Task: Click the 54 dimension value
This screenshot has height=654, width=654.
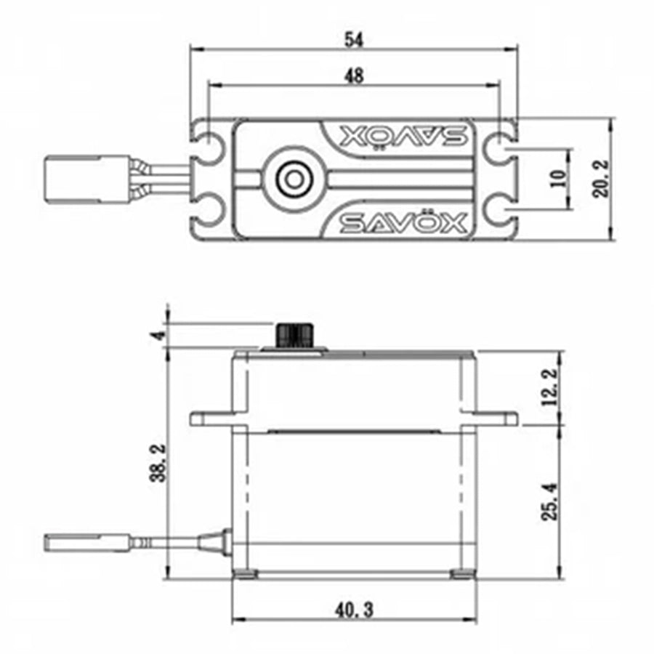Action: (x=354, y=41)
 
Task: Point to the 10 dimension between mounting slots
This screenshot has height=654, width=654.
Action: (x=557, y=179)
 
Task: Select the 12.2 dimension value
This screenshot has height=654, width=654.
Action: (x=550, y=386)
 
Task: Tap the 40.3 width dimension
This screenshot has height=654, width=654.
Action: (x=354, y=610)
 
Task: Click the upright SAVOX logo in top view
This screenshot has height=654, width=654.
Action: (x=403, y=222)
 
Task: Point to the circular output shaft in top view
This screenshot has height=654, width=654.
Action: (x=294, y=178)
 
